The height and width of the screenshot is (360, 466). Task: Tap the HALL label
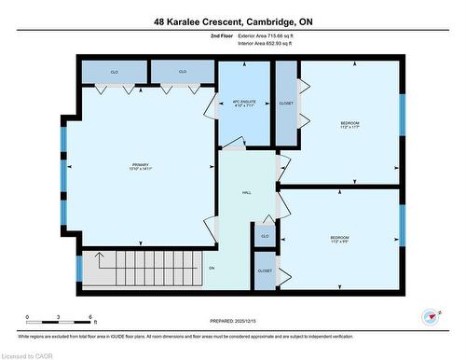[x=247, y=192]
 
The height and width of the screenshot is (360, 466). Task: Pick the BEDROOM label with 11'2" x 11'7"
[x=349, y=125]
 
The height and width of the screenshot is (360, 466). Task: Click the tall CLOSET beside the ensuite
[x=286, y=104]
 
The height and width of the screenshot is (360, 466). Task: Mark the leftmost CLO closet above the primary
[x=114, y=72]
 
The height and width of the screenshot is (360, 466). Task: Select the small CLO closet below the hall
[x=265, y=237]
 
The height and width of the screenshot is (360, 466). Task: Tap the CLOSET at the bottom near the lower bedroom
[x=265, y=270]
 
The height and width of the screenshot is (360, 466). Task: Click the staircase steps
[x=140, y=266]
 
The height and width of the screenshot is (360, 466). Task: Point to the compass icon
[x=429, y=316]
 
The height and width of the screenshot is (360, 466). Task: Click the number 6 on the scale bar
[x=89, y=318]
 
